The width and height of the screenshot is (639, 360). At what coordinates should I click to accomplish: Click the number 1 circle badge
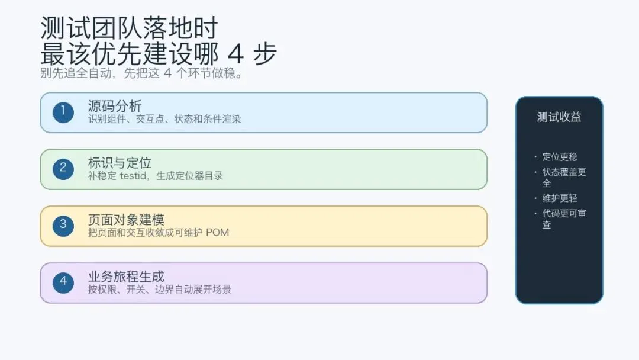point(63,112)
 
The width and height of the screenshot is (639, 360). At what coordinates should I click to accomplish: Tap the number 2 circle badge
point(63,169)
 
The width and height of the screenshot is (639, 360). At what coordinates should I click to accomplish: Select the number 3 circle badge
point(63,225)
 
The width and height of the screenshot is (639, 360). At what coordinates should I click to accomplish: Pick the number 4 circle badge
point(63,282)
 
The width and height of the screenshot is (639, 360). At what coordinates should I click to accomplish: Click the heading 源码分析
point(115,107)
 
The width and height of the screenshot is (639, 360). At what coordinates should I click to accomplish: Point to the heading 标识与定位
point(120,163)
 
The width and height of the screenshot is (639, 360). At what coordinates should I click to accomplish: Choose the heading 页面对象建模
point(126,220)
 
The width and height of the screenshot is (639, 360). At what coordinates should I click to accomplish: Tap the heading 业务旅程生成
point(126,277)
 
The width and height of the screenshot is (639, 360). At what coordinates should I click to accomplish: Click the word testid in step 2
point(135,176)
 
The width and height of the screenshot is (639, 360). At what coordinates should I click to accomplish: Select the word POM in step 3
point(217,233)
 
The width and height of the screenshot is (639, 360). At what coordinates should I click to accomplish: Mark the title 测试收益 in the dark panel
point(559,117)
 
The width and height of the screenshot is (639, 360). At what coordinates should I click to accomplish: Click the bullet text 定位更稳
point(560,157)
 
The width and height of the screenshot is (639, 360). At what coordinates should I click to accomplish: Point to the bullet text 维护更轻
point(560,198)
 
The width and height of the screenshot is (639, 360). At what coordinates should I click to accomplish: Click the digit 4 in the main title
point(235,54)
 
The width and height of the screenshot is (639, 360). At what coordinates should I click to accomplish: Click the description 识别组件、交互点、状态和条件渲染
point(164,119)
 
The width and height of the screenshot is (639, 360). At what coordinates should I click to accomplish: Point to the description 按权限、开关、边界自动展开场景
point(159,290)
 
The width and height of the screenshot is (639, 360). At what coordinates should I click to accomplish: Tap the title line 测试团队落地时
point(130,28)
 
